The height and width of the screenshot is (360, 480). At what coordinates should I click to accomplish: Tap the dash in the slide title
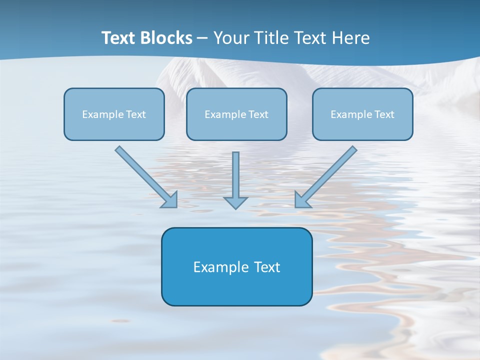coord(202,38)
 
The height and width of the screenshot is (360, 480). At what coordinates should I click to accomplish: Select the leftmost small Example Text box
coord(114,114)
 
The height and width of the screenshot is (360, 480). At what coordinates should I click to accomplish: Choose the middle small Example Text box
coord(236,114)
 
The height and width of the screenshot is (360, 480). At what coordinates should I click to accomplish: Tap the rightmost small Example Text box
coord(362,114)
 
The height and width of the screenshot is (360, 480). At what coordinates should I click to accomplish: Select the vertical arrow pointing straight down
coord(235,180)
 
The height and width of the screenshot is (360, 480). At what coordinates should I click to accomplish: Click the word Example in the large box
coord(217,267)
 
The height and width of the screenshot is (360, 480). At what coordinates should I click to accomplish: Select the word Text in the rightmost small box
coord(384,114)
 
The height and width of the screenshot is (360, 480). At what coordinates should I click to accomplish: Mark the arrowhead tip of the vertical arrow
coord(235,207)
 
